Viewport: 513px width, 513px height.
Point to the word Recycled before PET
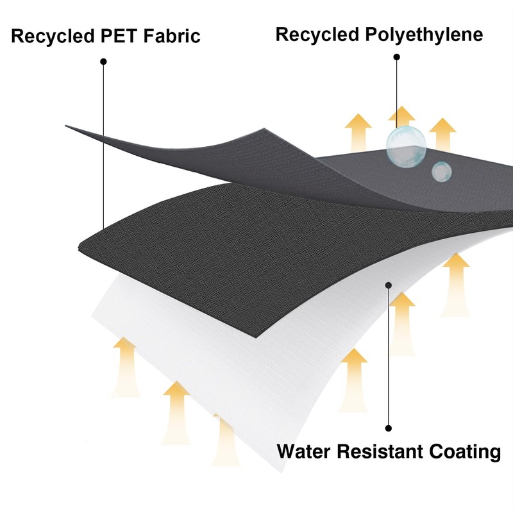pos(51,37)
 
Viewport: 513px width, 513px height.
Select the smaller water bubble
pos(441,171)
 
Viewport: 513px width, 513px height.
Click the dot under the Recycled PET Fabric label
pos(103,62)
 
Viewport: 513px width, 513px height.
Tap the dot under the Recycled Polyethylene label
pos(397,58)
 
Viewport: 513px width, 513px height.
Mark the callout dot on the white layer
pos(388,285)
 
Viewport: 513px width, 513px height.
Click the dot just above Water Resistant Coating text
pos(388,428)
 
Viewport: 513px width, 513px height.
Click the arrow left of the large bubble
pos(358,131)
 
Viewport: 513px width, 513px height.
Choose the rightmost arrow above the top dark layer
pos(442,133)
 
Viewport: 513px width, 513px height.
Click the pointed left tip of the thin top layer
pos(67,126)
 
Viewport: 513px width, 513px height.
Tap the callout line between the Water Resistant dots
pos(388,356)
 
